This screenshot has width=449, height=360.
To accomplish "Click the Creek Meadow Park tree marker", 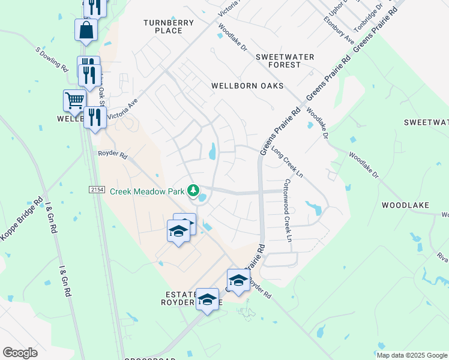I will pos(193,191).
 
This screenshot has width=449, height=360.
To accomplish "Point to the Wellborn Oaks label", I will pos(247,86).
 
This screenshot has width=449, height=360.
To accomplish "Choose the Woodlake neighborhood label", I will pos(406,205).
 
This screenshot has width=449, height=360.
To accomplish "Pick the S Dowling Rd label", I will pos(52,58).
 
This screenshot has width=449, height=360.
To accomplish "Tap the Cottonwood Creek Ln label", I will pos(287,211).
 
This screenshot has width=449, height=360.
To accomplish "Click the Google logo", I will pos(20,353).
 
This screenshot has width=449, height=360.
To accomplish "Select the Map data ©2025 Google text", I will pos(411,355).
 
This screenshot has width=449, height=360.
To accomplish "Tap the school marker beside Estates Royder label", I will pos(207,299).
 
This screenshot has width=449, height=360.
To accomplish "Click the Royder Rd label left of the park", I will pos(113,155).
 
